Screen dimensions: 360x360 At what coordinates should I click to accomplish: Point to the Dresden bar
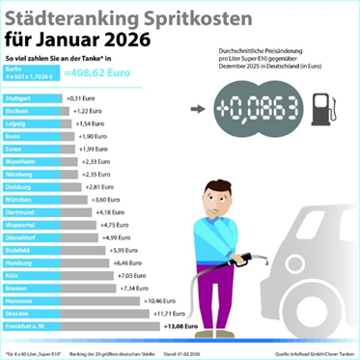coord(73,315)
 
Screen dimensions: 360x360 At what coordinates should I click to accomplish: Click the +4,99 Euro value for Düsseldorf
coord(117,237)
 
